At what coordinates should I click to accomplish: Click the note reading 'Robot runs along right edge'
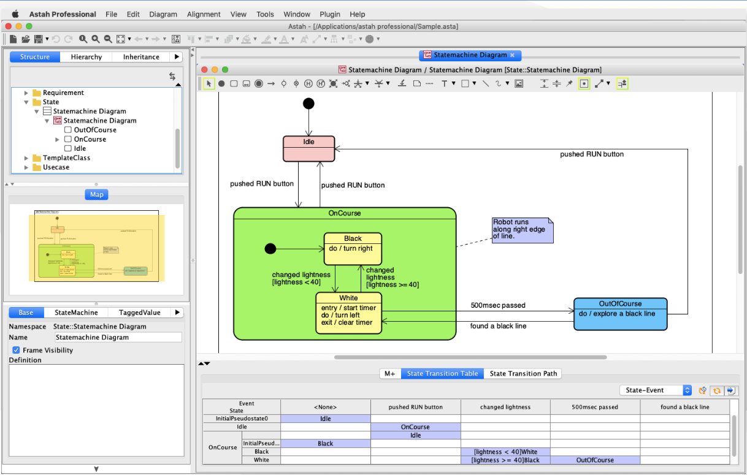tap(522, 229)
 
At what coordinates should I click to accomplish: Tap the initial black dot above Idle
tap(308, 104)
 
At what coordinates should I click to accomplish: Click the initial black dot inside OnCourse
tap(270, 248)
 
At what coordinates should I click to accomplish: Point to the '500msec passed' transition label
tap(497, 305)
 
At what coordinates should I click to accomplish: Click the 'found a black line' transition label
tap(498, 326)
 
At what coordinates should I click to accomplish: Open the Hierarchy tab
tap(86, 57)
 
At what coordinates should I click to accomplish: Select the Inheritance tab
tap(141, 57)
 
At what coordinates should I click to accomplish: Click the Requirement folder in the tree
tap(63, 93)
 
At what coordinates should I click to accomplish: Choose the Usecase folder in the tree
tap(56, 167)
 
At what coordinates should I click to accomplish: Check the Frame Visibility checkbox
tap(17, 350)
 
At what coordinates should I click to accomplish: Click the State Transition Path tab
tap(523, 373)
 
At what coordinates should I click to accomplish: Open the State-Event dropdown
tap(656, 390)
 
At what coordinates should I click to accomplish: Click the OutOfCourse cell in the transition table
tap(595, 460)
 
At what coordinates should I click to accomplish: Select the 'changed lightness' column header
tap(505, 407)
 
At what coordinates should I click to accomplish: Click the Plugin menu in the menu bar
tap(330, 14)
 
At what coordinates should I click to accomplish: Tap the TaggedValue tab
tap(139, 313)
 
